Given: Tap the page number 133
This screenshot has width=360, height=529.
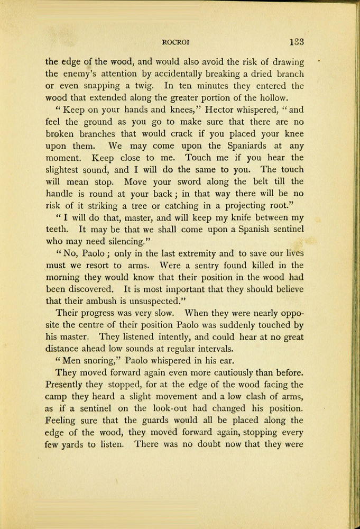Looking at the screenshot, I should pos(295,42).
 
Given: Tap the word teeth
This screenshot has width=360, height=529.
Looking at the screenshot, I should pos(56,230).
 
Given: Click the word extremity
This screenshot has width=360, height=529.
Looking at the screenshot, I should pos(167,254).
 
